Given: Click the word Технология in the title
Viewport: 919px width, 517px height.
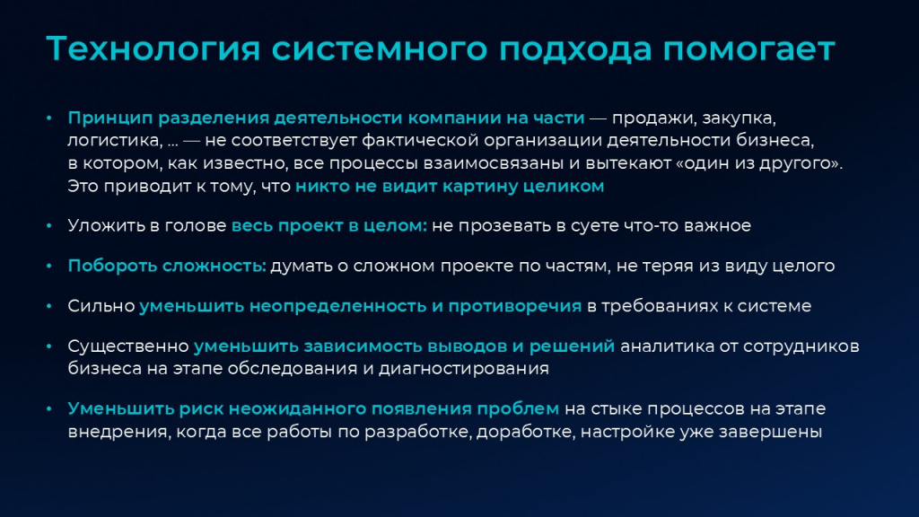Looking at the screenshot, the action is click(153, 49).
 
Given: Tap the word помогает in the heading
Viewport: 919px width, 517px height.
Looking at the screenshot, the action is click(748, 49).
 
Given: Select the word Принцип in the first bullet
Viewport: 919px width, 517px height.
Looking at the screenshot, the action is click(109, 118).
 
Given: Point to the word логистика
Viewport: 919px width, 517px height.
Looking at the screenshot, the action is click(115, 141).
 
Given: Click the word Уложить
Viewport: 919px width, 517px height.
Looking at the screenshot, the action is click(104, 225).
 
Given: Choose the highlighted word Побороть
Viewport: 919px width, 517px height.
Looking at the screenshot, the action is click(113, 266).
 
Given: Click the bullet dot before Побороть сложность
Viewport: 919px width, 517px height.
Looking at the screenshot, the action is click(49, 266).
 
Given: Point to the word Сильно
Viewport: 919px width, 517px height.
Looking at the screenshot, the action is click(101, 306).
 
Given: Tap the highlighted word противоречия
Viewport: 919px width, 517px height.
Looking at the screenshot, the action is click(514, 306).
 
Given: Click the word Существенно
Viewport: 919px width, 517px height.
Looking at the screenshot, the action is click(128, 346).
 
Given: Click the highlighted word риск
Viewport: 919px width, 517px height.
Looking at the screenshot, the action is click(201, 409).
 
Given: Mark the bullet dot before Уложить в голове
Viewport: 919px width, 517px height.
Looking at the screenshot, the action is click(49, 226).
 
